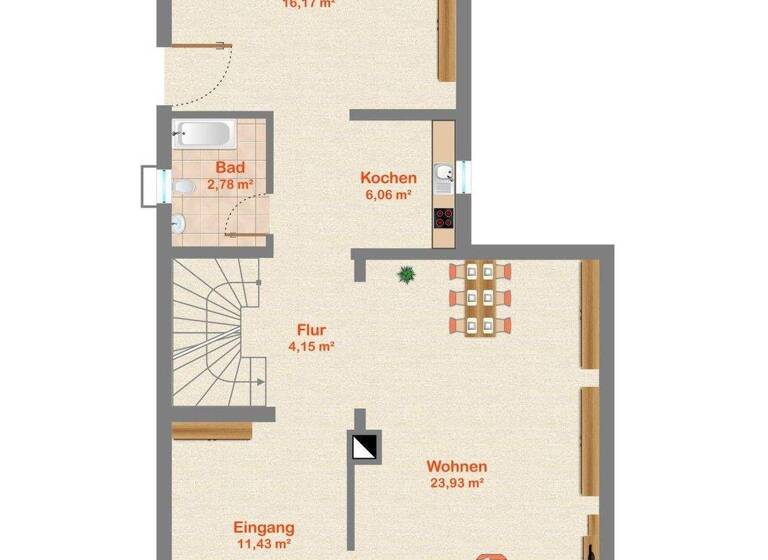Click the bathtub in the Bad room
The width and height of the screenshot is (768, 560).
point(204,133)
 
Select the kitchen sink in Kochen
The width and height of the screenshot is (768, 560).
point(443,178)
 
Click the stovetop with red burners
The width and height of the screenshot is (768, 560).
point(443,217)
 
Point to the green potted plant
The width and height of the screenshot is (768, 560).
point(406,274)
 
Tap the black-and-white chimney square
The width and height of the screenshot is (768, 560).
point(365,446)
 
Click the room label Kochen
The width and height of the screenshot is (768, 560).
point(388,178)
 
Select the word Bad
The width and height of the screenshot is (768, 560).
point(229,168)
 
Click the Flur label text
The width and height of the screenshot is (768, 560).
point(311,329)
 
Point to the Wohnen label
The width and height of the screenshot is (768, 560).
point(456,466)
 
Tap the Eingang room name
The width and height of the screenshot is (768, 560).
point(263,527)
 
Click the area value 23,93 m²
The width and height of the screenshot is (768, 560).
point(456,483)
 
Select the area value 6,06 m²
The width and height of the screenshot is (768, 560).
point(388,195)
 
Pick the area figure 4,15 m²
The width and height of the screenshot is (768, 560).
point(311,346)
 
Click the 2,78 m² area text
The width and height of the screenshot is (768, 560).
point(230,184)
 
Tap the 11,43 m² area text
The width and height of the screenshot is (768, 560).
point(262,544)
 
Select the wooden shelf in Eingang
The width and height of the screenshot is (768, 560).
point(198,431)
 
